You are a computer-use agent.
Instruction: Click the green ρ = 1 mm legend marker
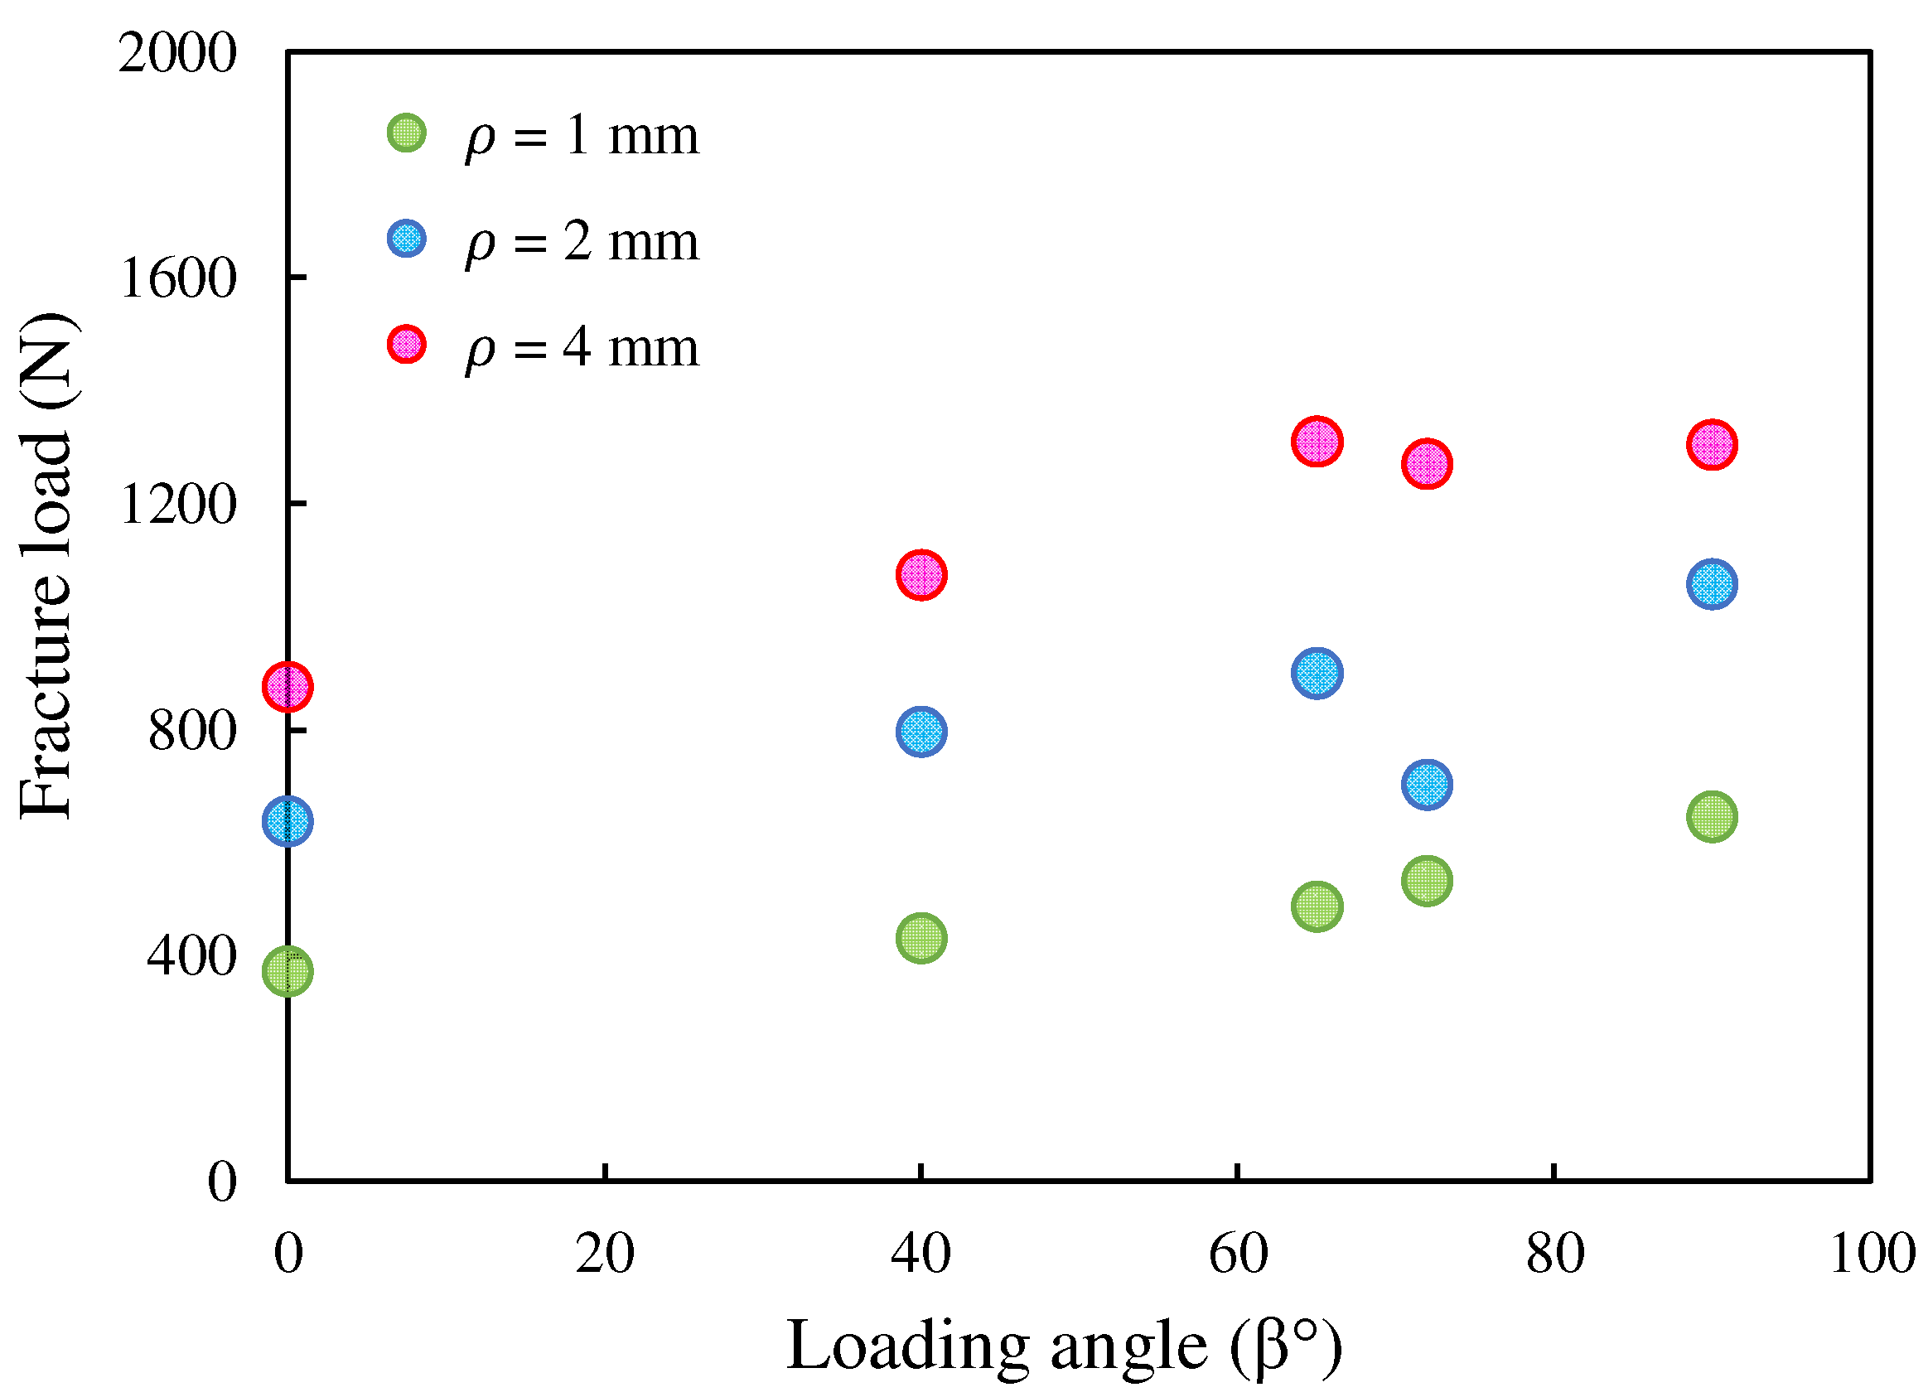tap(406, 133)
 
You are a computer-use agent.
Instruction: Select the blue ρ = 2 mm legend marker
tap(406, 239)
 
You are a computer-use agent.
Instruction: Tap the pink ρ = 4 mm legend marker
tap(406, 345)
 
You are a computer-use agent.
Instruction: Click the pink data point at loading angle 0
tap(288, 686)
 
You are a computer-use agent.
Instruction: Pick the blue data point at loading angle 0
tap(288, 821)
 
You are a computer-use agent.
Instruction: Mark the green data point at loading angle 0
tap(288, 971)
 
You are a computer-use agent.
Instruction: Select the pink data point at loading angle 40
tap(921, 575)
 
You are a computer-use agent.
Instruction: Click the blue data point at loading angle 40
tap(921, 732)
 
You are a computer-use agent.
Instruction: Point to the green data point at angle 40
tap(921, 939)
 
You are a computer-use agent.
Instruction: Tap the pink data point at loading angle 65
tap(1317, 442)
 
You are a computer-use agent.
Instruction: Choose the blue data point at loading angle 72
tap(1428, 784)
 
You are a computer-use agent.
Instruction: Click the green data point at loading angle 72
tap(1428, 881)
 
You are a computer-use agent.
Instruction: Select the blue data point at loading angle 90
tap(1712, 584)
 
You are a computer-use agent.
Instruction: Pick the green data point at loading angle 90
tap(1712, 817)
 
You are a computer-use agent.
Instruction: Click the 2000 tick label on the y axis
tap(176, 54)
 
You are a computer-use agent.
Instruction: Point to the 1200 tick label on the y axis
tap(176, 505)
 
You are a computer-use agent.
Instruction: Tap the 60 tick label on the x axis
tap(1238, 1254)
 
